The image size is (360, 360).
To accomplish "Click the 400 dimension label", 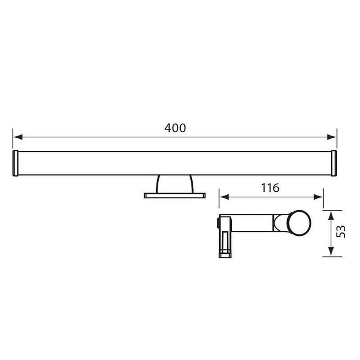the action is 175,128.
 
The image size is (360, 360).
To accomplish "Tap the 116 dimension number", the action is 270,188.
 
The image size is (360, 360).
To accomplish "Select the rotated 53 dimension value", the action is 341,231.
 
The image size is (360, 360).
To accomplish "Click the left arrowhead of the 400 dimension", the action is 18,137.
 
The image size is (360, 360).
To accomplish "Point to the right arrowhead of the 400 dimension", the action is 332,137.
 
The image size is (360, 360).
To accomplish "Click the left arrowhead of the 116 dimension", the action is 224,197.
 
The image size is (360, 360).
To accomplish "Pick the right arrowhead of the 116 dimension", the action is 318,197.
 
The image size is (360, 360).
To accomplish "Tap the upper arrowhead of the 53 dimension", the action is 331,216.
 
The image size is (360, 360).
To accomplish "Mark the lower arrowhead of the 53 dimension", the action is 331,252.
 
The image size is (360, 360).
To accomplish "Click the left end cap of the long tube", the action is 15,163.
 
